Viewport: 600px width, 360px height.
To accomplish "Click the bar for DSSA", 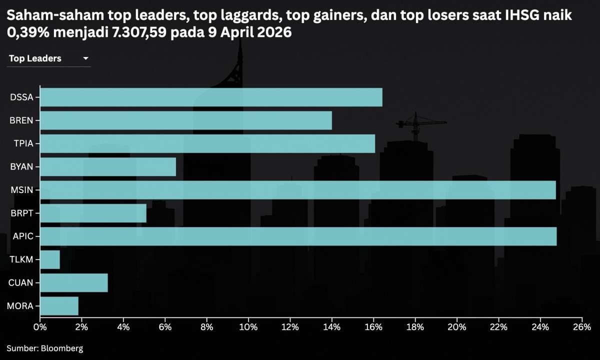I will [x=211, y=97].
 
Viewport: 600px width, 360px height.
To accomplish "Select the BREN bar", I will [x=185, y=120].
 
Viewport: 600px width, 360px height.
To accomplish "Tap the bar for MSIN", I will [x=297, y=190].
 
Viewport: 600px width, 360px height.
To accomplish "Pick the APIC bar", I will [x=298, y=236].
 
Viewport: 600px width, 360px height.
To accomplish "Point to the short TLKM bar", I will [x=50, y=259].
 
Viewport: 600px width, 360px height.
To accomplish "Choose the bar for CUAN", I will [x=73, y=282].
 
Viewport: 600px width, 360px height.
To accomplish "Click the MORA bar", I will [x=59, y=306].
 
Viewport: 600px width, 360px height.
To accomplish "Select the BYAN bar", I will [x=107, y=166].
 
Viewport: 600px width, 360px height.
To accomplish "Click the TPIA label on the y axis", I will [x=23, y=144].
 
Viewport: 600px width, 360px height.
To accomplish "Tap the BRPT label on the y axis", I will [x=21, y=213].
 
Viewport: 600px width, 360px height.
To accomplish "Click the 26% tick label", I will [x=582, y=327].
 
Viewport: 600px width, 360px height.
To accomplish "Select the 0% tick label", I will [x=40, y=327].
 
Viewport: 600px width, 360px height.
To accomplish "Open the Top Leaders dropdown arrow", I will [x=85, y=58].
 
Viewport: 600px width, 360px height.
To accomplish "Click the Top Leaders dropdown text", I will [x=35, y=58].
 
